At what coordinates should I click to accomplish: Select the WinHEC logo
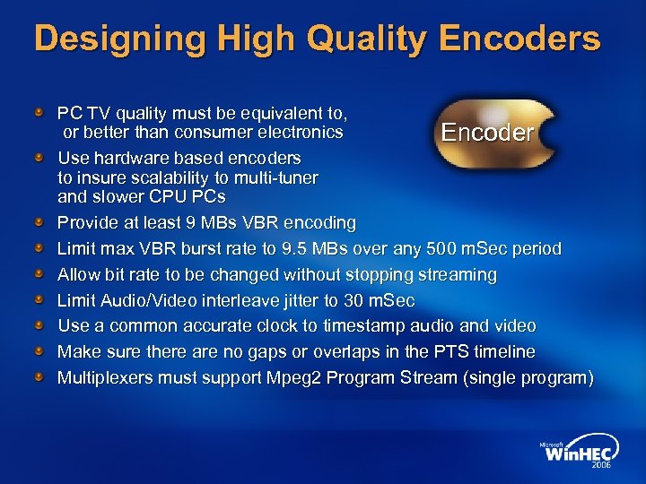pyautogui.click(x=576, y=454)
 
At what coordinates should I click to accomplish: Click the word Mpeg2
pyautogui.click(x=294, y=378)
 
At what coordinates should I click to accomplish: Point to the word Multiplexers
pyautogui.click(x=105, y=378)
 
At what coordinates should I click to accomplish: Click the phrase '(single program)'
pyautogui.click(x=528, y=378)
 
